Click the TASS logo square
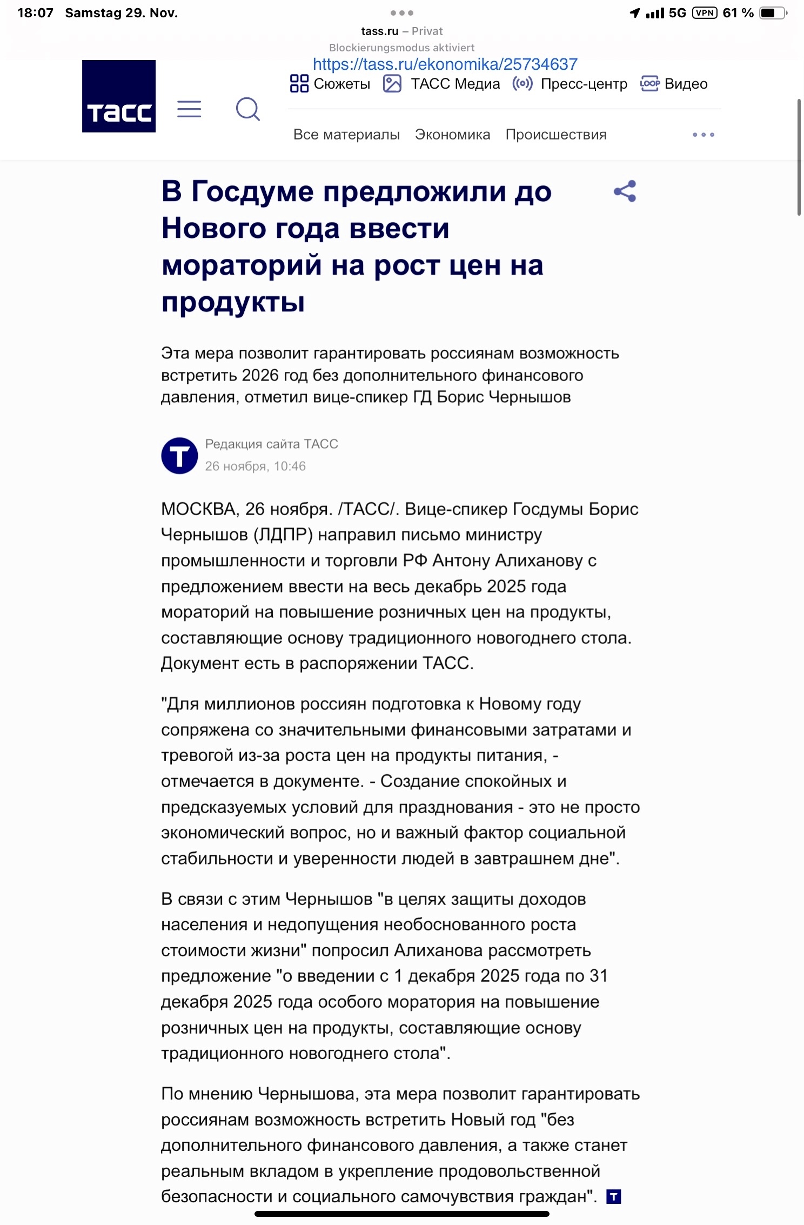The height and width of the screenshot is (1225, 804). (x=119, y=96)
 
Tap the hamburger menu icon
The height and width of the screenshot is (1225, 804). (x=189, y=109)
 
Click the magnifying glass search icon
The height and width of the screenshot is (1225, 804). (x=248, y=109)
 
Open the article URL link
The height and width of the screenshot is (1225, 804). (x=445, y=64)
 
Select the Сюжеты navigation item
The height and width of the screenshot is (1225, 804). (x=330, y=84)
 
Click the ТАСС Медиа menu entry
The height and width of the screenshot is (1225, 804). (x=441, y=84)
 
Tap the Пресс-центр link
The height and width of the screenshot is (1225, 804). (x=570, y=84)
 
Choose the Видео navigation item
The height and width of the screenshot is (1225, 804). (x=674, y=84)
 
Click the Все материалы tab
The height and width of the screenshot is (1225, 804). (x=346, y=135)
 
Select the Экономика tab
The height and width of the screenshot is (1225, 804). (x=452, y=135)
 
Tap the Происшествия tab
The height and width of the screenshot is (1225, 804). (x=555, y=135)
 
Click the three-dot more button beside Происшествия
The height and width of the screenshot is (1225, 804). (x=703, y=135)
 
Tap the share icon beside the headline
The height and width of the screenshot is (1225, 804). (x=625, y=191)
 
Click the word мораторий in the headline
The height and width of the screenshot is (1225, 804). (x=242, y=265)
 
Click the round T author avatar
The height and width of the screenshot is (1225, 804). (x=179, y=456)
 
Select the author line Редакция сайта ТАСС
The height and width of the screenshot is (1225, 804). (x=271, y=444)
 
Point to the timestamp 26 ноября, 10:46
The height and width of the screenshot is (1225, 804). (x=255, y=466)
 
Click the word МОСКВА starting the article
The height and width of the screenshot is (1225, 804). (x=198, y=509)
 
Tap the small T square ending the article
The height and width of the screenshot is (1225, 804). (x=613, y=1197)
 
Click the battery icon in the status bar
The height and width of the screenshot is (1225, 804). (x=773, y=13)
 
